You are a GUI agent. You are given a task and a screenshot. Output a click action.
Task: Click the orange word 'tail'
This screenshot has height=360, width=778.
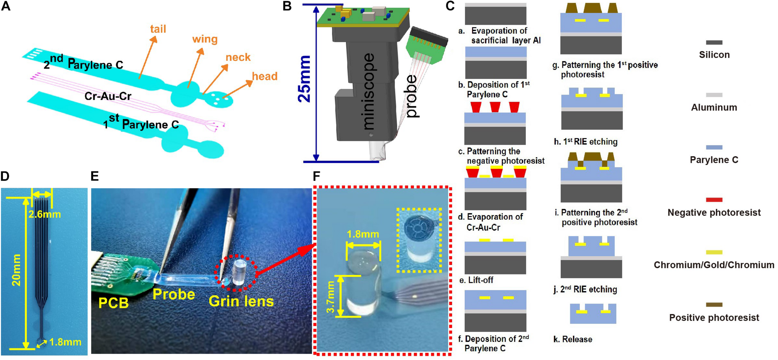coord(158,29)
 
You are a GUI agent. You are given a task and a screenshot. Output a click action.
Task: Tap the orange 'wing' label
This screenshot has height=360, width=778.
coord(205,39)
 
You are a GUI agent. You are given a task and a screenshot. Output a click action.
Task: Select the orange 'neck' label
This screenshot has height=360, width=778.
coord(238,57)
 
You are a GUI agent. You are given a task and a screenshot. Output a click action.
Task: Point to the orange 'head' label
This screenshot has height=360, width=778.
coord(265,76)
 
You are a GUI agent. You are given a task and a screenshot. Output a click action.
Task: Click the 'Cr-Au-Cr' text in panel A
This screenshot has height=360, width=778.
coord(108,96)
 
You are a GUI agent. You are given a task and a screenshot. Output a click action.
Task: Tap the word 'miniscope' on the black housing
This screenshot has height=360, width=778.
coord(369,91)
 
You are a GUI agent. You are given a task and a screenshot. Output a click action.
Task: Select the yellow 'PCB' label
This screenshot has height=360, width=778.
coord(113,303)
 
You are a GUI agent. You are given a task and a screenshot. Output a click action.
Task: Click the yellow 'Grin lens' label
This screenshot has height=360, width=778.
coord(241,301)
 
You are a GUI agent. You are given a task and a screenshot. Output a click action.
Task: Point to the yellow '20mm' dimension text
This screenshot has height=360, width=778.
coord(16,270)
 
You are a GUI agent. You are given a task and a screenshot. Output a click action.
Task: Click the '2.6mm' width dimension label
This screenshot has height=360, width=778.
coord(45,214)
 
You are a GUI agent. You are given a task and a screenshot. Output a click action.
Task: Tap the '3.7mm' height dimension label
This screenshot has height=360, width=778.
coord(331,297)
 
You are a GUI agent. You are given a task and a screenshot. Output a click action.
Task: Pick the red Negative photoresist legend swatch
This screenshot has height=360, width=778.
coord(714,199)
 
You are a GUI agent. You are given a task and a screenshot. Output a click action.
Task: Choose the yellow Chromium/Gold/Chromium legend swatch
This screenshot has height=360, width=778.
coord(714,252)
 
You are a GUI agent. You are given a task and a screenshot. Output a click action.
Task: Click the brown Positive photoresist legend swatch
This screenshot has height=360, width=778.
coord(714,305)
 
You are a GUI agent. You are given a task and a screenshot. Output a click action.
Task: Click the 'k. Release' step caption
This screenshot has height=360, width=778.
coord(573,339)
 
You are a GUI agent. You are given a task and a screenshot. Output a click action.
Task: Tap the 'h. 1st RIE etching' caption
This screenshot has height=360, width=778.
coord(585,142)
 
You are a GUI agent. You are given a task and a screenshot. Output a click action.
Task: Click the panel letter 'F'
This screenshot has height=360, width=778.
coord(316,176)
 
